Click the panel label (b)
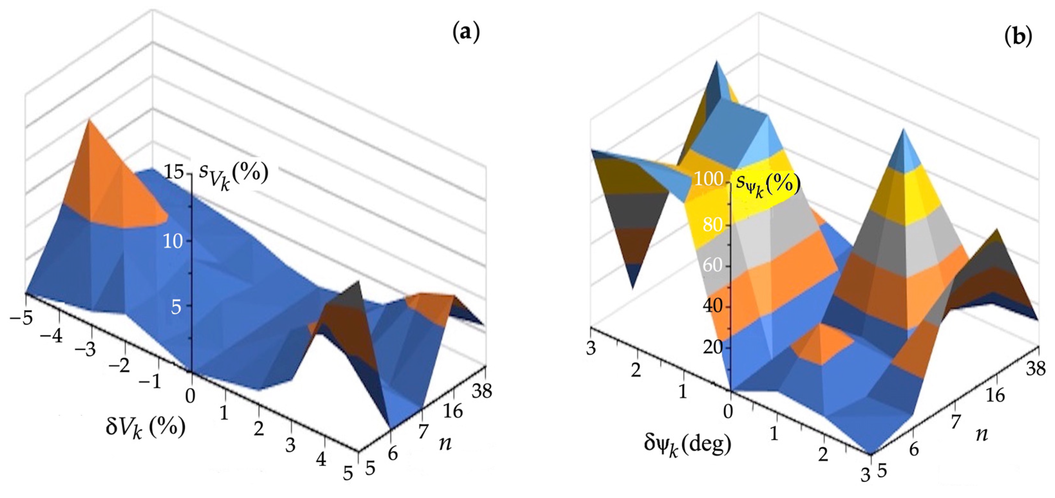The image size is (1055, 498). [x=1018, y=36]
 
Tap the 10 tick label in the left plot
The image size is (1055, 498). [x=173, y=241]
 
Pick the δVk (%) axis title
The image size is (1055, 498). [x=145, y=427]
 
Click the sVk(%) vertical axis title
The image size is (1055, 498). [x=233, y=174]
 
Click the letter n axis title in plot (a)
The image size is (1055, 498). [x=445, y=443]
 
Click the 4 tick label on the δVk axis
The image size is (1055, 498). [x=321, y=460]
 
